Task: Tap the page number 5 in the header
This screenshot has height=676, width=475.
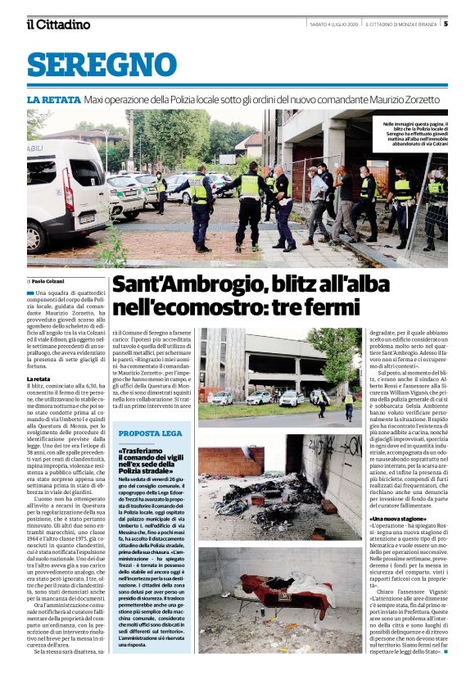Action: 468,25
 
